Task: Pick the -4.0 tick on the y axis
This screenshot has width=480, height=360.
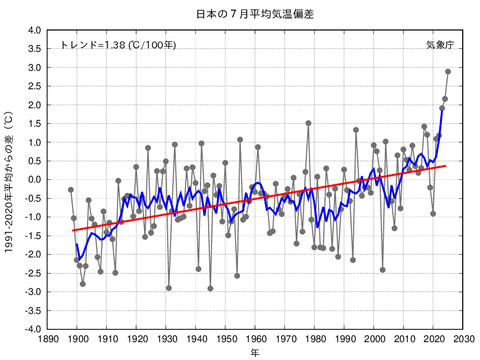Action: point(31,328)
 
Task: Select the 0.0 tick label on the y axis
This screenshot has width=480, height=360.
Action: point(33,179)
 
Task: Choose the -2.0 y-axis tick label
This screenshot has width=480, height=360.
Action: point(31,254)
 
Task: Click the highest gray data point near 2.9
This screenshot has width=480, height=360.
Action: point(448,71)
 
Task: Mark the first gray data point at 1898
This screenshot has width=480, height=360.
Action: point(71,189)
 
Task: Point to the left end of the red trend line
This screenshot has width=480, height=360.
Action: point(71,231)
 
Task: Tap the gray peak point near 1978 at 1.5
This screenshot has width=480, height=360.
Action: point(308,123)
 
